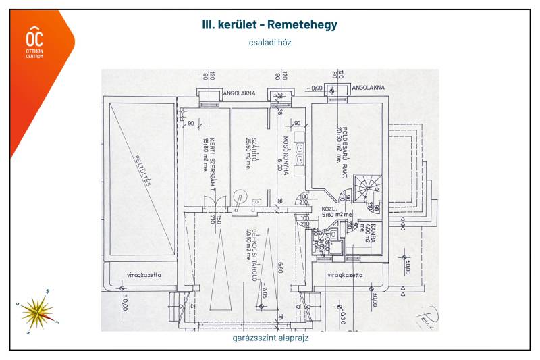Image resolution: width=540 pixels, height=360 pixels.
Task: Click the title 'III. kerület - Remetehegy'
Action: click(x=270, y=25)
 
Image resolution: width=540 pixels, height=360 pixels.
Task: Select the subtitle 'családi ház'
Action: click(x=270, y=42)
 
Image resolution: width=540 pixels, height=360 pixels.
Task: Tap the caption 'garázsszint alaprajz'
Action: click(x=270, y=338)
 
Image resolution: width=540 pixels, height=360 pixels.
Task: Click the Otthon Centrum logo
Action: click(x=34, y=42)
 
